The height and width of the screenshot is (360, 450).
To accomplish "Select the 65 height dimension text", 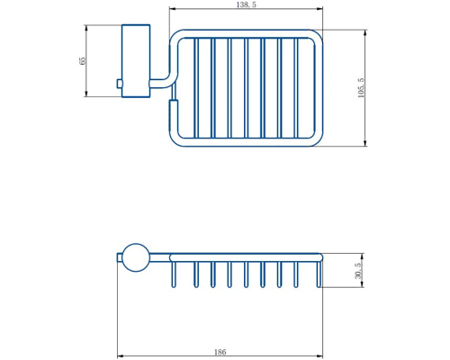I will click(82, 61).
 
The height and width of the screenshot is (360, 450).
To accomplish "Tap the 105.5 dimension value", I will click(361, 88).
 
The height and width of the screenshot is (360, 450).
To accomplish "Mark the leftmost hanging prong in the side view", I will click(173, 274).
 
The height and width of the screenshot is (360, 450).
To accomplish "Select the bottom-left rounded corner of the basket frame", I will click(175, 139).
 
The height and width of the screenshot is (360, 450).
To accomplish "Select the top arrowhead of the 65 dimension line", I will click(86, 28).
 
